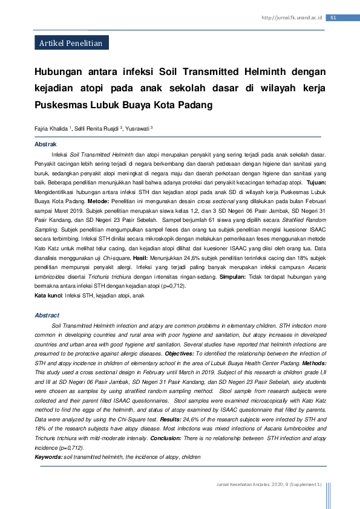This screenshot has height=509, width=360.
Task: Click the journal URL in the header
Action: tap(292, 18)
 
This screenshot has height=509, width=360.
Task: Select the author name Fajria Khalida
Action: tap(51, 128)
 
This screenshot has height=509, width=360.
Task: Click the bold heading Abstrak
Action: tap(45, 145)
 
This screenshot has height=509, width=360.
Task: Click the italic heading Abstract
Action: tap(47, 316)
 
